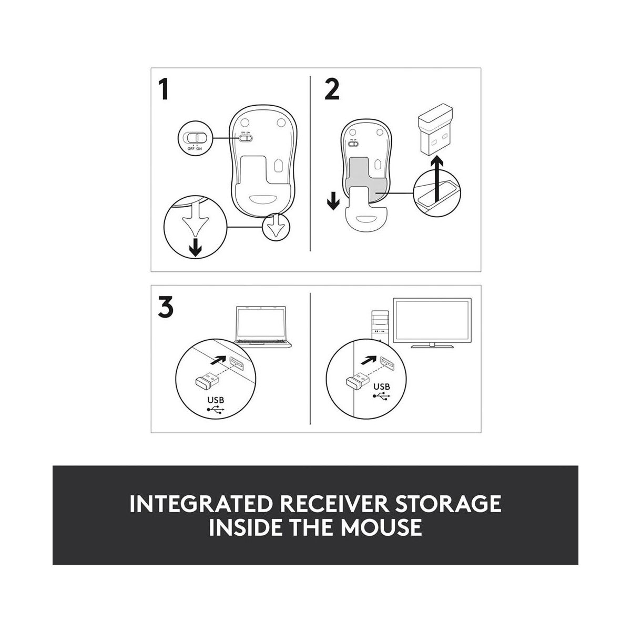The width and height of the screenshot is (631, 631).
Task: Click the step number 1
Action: coord(164,88)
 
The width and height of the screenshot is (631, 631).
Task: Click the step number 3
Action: coord(165,307)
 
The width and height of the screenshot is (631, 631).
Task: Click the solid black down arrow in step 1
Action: coord(196,247)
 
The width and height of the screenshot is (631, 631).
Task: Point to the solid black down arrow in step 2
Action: coord(333,200)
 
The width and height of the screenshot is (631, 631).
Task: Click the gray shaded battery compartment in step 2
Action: coord(366,179)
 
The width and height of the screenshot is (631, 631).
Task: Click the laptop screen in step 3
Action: coord(261,323)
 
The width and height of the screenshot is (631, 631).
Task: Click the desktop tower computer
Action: coord(380,328)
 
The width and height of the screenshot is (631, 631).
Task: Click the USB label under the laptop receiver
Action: coord(216,400)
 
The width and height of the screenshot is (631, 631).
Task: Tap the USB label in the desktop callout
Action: coord(381,386)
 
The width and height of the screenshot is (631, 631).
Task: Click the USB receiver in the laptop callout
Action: coord(207,381)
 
